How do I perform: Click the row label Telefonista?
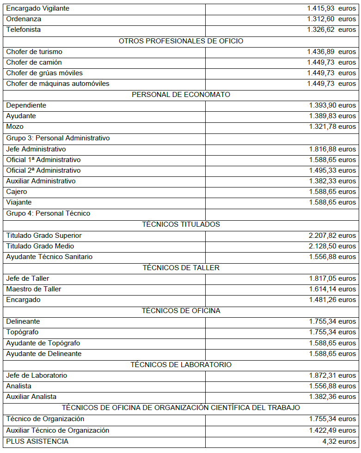coord(24,30)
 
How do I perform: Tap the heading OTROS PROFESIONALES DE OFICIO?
coord(181,41)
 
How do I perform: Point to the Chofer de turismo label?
coord(34,52)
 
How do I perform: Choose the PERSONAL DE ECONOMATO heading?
coord(181,95)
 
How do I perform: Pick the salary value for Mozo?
coord(332,127)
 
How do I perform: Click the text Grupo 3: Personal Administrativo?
coord(58,138)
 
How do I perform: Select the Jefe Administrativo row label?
coord(36,149)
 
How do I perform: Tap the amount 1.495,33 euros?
coord(332,170)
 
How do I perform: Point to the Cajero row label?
coord(17,192)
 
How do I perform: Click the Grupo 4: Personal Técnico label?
coord(48,213)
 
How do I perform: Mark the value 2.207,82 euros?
coord(332,236)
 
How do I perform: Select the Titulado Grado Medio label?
coord(40,246)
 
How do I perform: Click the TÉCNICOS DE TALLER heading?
coord(181,268)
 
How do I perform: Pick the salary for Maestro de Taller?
coord(332,289)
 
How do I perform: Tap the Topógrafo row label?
coord(22,332)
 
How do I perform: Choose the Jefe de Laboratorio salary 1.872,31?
coord(332,375)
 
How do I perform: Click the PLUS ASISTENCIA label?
coord(37,441)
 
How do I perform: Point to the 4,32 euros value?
coord(341,441)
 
